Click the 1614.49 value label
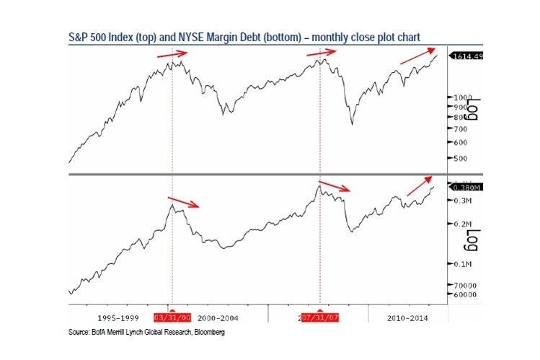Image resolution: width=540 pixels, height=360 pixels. [466, 56]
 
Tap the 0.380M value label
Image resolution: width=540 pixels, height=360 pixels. [464, 188]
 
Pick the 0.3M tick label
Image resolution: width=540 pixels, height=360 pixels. [461, 200]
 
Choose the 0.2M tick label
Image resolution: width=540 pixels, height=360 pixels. [461, 224]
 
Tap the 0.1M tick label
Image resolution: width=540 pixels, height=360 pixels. [461, 265]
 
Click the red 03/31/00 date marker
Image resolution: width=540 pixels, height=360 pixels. [172, 317]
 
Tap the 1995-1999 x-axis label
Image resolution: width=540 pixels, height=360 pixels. [116, 317]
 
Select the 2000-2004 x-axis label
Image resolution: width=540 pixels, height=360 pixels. [217, 317]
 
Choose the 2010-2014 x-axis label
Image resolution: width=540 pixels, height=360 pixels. [407, 317]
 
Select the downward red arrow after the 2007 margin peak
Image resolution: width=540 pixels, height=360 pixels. [335, 186]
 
